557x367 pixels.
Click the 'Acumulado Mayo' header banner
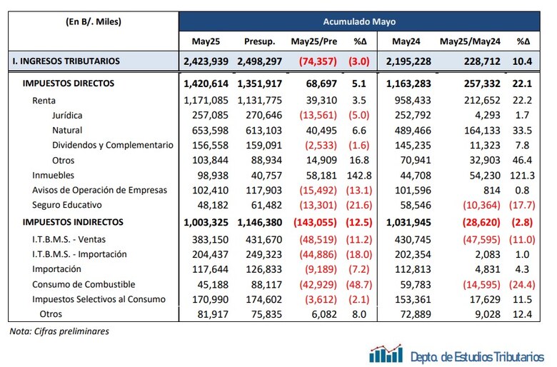click(x=363, y=21)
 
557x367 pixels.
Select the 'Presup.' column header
click(x=259, y=41)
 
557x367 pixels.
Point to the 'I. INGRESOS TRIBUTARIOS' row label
click(x=66, y=61)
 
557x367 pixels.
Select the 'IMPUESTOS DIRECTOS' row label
click(x=69, y=84)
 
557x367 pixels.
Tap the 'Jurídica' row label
click(x=69, y=114)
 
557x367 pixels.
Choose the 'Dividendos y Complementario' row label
click(x=112, y=145)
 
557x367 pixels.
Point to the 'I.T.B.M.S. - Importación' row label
click(x=79, y=254)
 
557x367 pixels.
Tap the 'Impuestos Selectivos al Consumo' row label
click(x=99, y=299)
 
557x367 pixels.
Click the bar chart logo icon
click(x=386, y=353)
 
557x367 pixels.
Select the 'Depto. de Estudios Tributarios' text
click(x=478, y=355)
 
